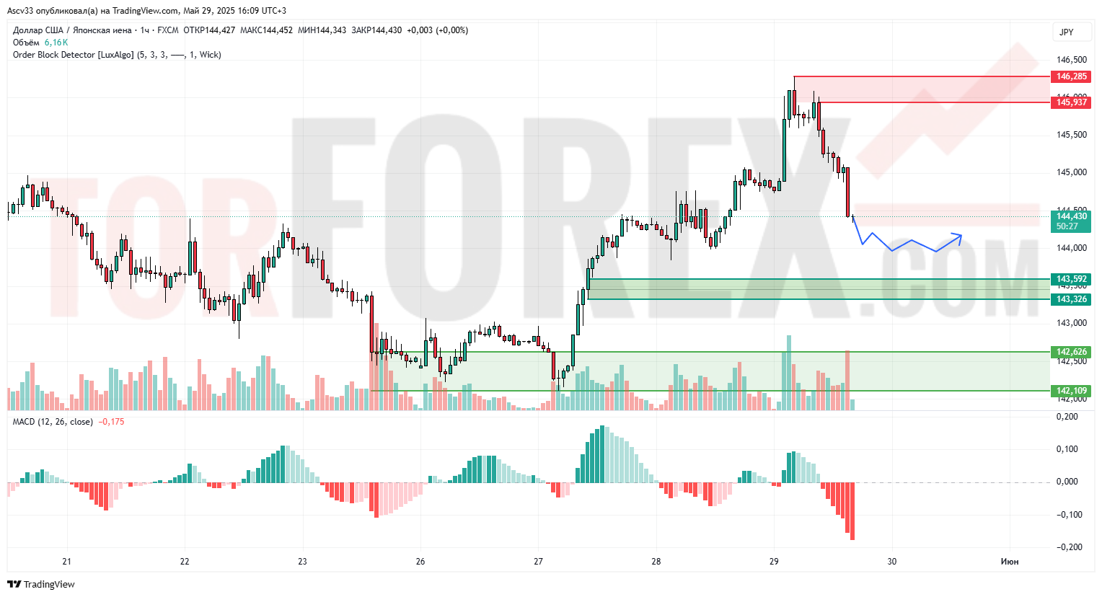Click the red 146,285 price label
pyautogui.click(x=1071, y=76)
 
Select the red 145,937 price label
pyautogui.click(x=1071, y=102)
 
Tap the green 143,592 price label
pyautogui.click(x=1071, y=279)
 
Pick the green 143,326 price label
pyautogui.click(x=1071, y=299)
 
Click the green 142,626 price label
pyautogui.click(x=1071, y=352)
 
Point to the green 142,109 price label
pyautogui.click(x=1071, y=391)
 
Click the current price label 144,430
pyautogui.click(x=1071, y=216)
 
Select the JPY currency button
pyautogui.click(x=1066, y=32)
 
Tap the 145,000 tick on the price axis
pyautogui.click(x=1071, y=172)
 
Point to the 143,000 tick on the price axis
pyautogui.click(x=1071, y=323)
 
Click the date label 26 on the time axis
pyautogui.click(x=420, y=562)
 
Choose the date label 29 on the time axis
pyautogui.click(x=774, y=562)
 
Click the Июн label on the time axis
pyautogui.click(x=1010, y=562)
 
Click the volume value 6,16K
pyautogui.click(x=56, y=43)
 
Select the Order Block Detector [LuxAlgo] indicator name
pyautogui.click(x=73, y=55)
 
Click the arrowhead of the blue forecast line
pyautogui.click(x=959, y=234)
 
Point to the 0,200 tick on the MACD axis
pyautogui.click(x=1067, y=417)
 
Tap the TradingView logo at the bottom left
pyautogui.click(x=41, y=584)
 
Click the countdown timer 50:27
pyautogui.click(x=1067, y=226)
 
